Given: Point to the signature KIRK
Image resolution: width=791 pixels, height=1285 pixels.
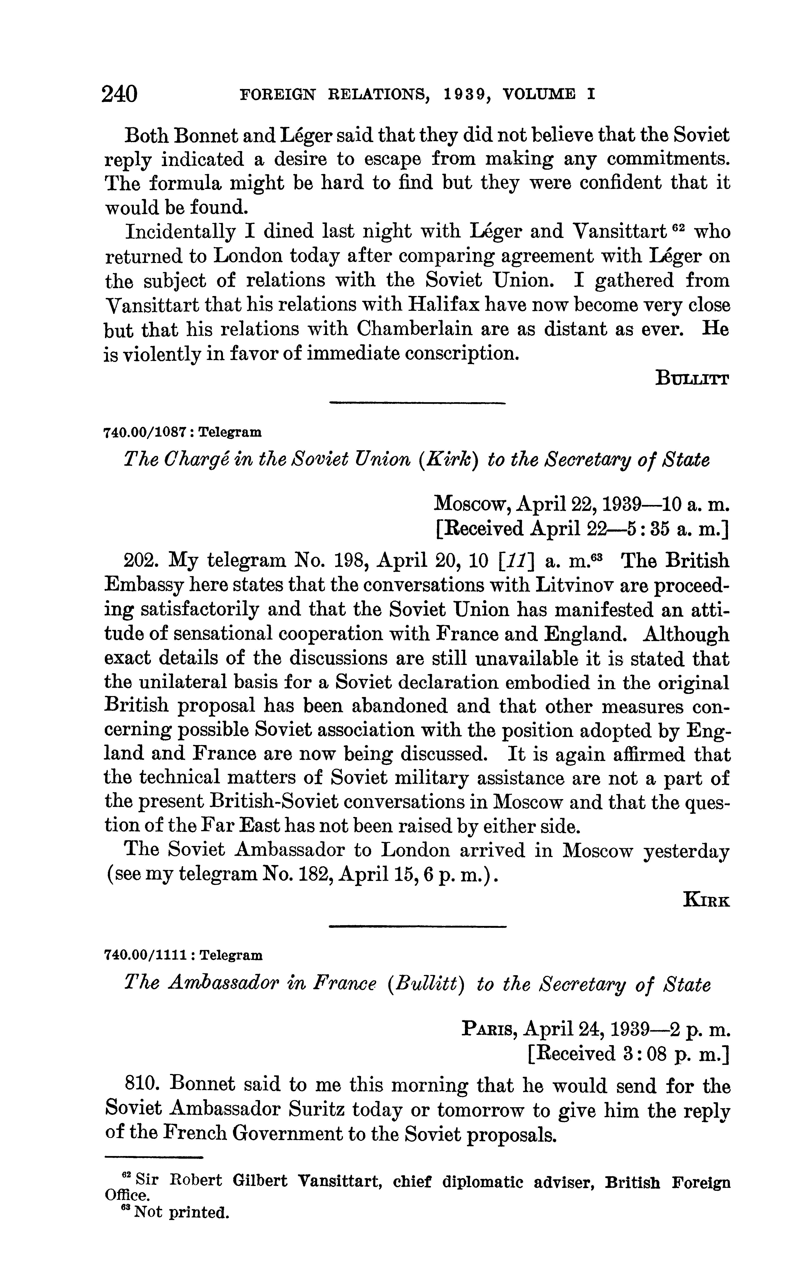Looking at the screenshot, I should pyautogui.click(x=706, y=901).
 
